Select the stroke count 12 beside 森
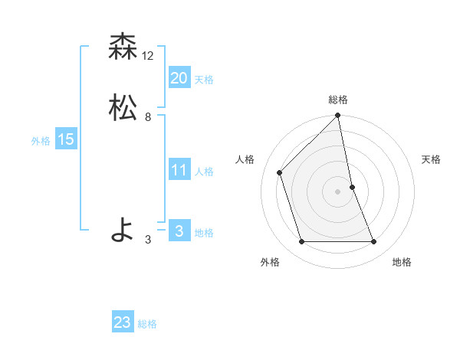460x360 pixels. (x=148, y=56)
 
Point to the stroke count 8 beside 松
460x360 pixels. (x=148, y=117)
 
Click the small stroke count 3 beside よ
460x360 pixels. (x=148, y=240)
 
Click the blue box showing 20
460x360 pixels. (x=179, y=78)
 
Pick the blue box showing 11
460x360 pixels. (x=179, y=170)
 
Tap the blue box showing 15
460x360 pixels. (x=65, y=139)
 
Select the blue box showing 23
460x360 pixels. (x=123, y=322)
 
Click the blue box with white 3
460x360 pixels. (x=179, y=231)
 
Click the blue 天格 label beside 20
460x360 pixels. (x=204, y=80)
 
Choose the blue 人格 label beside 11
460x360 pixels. (x=204, y=172)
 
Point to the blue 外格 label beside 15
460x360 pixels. (x=41, y=141)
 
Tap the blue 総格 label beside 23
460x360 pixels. (x=147, y=324)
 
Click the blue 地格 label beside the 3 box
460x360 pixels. (x=204, y=233)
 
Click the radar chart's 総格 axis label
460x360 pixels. (x=338, y=100)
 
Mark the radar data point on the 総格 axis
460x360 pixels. (x=338, y=116)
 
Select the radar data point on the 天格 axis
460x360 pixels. (x=353, y=186)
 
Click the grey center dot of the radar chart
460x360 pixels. (x=338, y=191)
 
